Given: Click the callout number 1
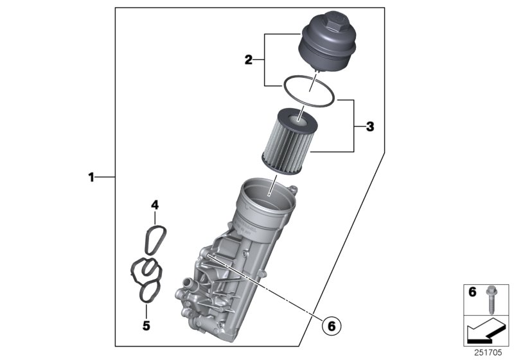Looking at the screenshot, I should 91,176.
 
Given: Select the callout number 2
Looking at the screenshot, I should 249,60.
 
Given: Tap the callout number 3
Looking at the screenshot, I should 369,127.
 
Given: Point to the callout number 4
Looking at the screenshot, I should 154,205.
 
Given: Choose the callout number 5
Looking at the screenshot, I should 146,326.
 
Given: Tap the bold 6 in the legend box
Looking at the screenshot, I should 472,292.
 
